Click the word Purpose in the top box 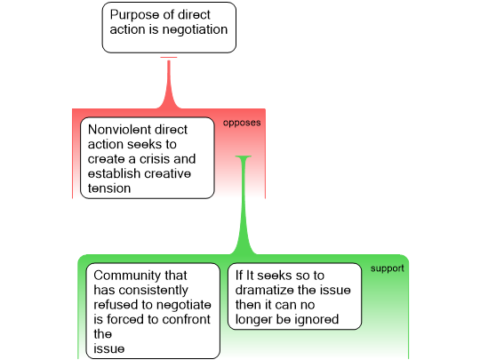coord(133,15)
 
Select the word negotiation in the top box coord(195,30)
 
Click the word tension coord(109,188)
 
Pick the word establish coord(114,173)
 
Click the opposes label coord(242,123)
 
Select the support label coord(388,268)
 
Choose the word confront coord(186,320)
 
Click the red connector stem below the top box coord(169,83)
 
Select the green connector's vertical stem coord(244,205)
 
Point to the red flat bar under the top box coord(169,57)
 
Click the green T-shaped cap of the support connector coord(244,157)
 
